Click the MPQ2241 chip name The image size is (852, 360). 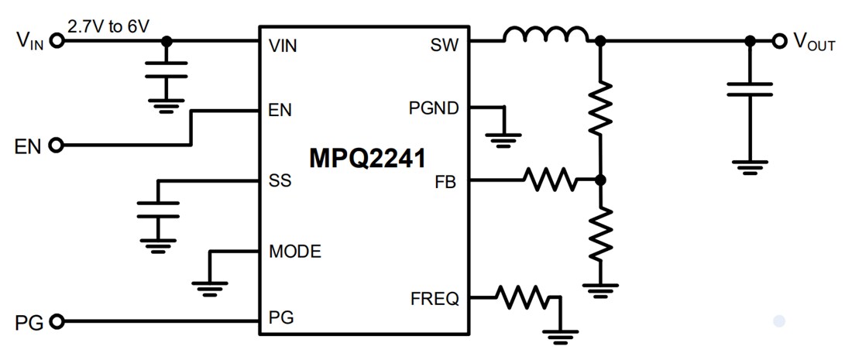point(367,159)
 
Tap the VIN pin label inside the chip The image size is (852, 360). point(283,46)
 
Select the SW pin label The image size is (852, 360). point(444,46)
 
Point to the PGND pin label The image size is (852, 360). point(433,108)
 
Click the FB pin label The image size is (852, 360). point(446,183)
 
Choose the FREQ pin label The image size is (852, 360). point(434,298)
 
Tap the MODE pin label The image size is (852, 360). point(294,252)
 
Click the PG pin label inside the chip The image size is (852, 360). point(280,317)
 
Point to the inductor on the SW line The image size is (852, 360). point(545,35)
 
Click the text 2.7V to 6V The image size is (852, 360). point(109,26)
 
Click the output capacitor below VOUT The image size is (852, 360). point(749,88)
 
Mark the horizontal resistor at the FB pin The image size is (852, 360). point(550,181)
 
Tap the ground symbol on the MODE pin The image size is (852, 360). point(208,287)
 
